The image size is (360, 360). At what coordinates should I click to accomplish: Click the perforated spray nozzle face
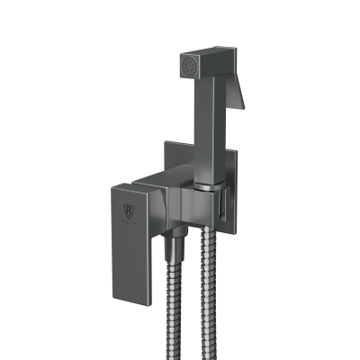pos(187,66)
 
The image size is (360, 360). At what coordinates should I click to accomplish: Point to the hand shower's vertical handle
pos(209,126)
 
